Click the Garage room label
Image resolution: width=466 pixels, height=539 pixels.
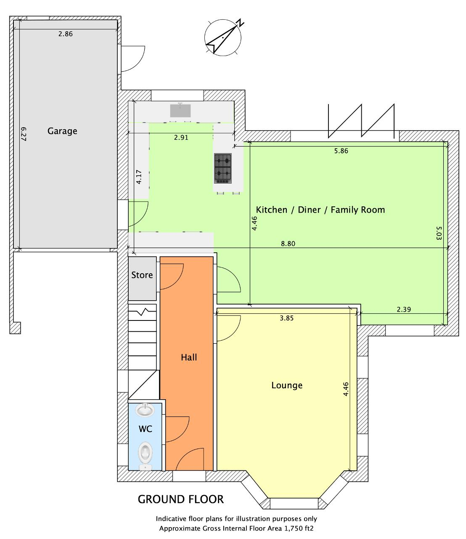pyautogui.click(x=62, y=131)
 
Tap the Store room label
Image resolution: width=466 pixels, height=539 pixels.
pyautogui.click(x=142, y=275)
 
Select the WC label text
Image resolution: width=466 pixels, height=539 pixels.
pyautogui.click(x=145, y=429)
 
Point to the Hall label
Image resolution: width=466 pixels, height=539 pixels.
pyautogui.click(x=189, y=357)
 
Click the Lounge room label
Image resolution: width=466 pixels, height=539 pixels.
pyautogui.click(x=287, y=385)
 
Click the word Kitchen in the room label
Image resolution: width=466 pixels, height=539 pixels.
pyautogui.click(x=271, y=210)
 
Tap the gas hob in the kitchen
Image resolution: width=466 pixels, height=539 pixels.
pyautogui.click(x=223, y=168)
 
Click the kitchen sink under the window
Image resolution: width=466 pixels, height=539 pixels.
pyautogui.click(x=180, y=111)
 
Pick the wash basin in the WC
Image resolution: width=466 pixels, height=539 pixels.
pyautogui.click(x=145, y=410)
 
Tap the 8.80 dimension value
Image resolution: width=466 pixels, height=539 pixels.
pyautogui.click(x=288, y=243)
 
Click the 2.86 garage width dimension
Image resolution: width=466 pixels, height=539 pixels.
pyautogui.click(x=65, y=34)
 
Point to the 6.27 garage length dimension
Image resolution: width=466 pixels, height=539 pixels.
pyautogui.click(x=24, y=134)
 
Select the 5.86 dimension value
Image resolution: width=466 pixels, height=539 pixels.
pyautogui.click(x=341, y=151)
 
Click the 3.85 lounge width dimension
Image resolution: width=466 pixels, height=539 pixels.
pyautogui.click(x=286, y=318)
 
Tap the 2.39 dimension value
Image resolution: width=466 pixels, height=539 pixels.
pyautogui.click(x=404, y=309)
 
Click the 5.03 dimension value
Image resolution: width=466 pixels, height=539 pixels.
pyautogui.click(x=439, y=233)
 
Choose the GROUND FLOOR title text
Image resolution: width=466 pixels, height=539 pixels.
pyautogui.click(x=181, y=499)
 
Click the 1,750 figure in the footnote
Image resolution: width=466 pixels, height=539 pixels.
pyautogui.click(x=293, y=528)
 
